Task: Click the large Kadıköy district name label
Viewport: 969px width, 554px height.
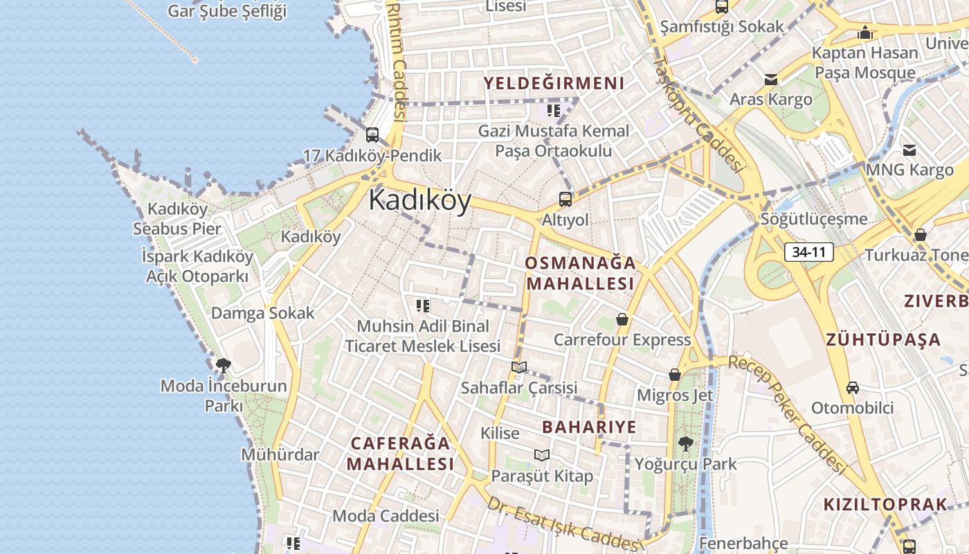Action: [x=419, y=200]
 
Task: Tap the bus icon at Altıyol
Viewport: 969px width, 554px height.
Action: [x=565, y=199]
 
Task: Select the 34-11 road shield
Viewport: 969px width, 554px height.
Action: [x=808, y=252]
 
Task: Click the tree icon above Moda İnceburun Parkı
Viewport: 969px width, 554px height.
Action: [x=223, y=364]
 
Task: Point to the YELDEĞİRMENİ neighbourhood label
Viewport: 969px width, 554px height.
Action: [x=554, y=84]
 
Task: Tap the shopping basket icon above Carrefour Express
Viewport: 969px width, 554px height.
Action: [x=622, y=319]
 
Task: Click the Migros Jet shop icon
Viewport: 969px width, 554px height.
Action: [x=675, y=375]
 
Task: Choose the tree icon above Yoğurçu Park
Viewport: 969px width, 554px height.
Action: [x=685, y=443]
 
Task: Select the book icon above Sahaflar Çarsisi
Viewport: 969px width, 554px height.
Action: [x=519, y=367]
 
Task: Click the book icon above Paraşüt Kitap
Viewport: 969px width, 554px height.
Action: [x=542, y=455]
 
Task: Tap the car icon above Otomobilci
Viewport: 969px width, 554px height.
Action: [x=853, y=388]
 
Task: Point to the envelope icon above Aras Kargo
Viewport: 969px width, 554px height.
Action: [x=771, y=79]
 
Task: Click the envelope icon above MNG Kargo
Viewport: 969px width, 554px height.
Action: [x=909, y=150]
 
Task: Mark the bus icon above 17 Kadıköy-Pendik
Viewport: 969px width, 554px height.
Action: [x=372, y=134]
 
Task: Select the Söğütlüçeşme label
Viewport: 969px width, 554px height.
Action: [x=814, y=220]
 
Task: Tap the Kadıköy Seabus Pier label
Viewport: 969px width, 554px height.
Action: [x=177, y=219]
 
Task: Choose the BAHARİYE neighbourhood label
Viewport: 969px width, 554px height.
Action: [x=589, y=427]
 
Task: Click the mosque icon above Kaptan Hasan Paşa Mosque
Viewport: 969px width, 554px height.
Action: [x=865, y=33]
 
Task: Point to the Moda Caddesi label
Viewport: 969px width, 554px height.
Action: [x=386, y=516]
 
